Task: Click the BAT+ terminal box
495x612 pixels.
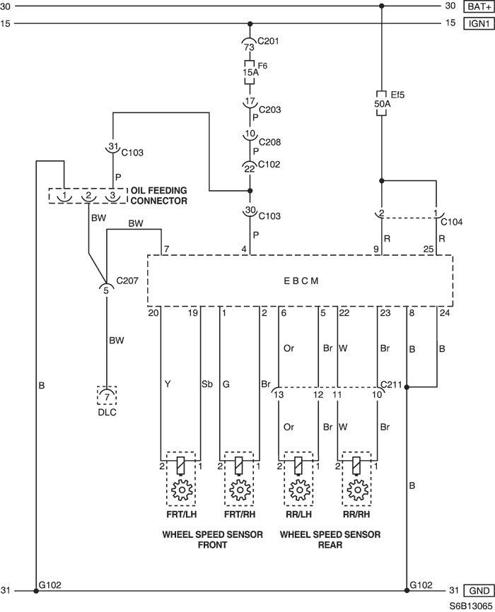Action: pos(479,6)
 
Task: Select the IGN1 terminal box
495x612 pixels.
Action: pos(479,23)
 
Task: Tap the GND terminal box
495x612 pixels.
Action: pos(479,591)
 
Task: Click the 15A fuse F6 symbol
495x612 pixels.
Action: pos(249,72)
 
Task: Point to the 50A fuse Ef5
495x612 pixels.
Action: pos(382,103)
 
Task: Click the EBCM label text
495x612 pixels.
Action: pos(301,281)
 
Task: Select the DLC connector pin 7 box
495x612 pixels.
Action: pos(107,396)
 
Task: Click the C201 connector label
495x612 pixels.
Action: pos(269,41)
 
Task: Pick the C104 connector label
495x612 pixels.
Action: pos(452,222)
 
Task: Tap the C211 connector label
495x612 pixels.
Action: pos(391,384)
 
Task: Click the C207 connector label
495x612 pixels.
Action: pos(127,281)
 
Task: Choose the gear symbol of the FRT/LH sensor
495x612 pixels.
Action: pos(182,490)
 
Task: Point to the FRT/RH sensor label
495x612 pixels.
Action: pos(240,514)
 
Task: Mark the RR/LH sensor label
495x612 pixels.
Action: pos(299,514)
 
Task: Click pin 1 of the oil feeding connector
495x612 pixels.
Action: pos(64,196)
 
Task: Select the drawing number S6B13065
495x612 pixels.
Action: pos(470,606)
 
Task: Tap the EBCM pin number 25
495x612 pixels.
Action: pos(429,249)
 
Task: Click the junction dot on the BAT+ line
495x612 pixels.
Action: pos(382,6)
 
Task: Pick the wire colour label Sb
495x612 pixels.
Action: pos(207,384)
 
